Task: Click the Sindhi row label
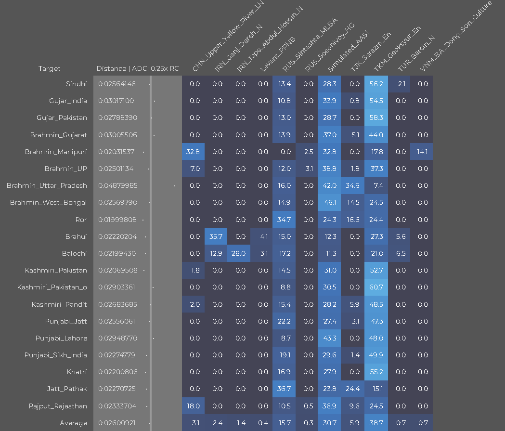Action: coord(77,84)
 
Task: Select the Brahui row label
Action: coord(76,237)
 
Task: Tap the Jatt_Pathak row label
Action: coord(67,389)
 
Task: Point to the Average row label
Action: coord(74,423)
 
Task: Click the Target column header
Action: coord(49,68)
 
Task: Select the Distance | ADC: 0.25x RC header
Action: coord(138,68)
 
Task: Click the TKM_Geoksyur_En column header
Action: coord(397,49)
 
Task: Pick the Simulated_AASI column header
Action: coord(348,52)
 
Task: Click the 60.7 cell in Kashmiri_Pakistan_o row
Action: coord(376,287)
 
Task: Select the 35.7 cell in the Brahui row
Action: coord(216,236)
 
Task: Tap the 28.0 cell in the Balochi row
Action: coord(239,253)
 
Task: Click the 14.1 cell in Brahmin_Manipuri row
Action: coord(422,152)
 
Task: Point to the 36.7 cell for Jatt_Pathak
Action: coord(284,389)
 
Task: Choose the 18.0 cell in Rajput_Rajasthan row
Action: coord(193,406)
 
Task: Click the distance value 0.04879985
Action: coord(118,185)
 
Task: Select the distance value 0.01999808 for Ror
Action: coord(117,220)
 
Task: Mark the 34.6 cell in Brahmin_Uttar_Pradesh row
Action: coord(353,185)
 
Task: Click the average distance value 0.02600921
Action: coord(117,423)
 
